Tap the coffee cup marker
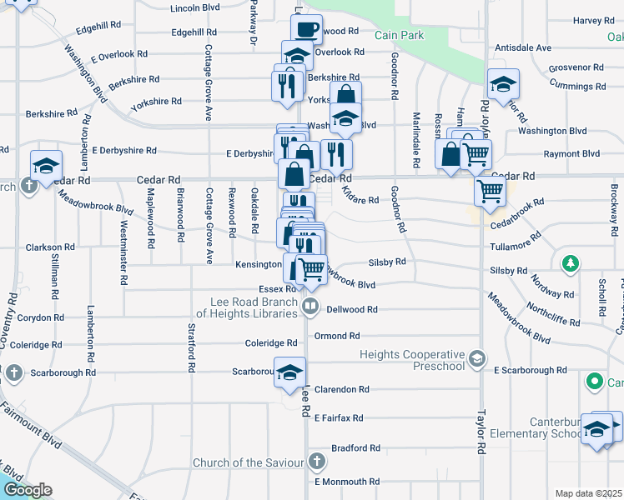307,30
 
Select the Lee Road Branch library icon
310,307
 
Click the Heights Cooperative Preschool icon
477,358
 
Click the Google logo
27,490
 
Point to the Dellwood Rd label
353,309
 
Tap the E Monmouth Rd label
347,482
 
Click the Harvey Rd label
593,20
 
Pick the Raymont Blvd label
571,154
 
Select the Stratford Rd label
192,350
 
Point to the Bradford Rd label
355,447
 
